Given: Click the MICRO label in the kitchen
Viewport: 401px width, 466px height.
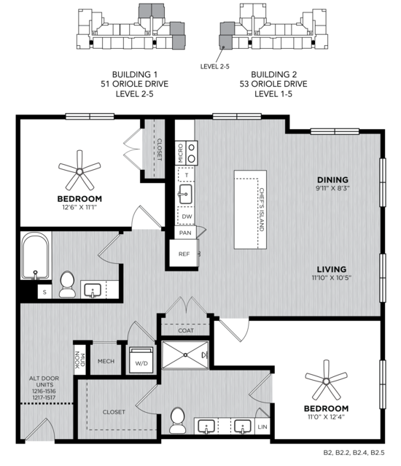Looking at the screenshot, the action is (180, 153).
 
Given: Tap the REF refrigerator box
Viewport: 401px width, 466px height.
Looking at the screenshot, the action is (184, 254).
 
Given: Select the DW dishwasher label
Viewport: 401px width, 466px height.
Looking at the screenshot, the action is (187, 217).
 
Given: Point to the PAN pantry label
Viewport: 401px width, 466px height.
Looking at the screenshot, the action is (185, 233).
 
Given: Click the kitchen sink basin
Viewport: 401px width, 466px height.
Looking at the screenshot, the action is (186, 194).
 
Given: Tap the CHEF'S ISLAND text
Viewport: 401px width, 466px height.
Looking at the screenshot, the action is (262, 209).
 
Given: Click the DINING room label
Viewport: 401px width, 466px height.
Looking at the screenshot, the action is (332, 179).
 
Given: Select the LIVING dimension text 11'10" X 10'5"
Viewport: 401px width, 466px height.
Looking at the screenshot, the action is (332, 278).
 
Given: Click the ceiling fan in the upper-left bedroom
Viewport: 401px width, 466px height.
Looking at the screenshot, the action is (79, 171).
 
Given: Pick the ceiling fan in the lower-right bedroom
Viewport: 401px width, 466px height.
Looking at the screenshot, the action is (327, 381).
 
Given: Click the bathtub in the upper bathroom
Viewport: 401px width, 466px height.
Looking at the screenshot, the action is (36, 255).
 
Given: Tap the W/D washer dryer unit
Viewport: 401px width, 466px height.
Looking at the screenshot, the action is (141, 360).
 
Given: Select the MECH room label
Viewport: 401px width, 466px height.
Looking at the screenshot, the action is (106, 361).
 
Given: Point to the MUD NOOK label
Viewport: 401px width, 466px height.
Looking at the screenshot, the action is (79, 360).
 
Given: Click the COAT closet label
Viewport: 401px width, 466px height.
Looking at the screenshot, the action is (186, 330).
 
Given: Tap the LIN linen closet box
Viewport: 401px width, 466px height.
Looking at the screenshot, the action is (262, 427).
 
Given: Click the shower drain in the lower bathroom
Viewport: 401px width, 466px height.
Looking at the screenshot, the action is (185, 354).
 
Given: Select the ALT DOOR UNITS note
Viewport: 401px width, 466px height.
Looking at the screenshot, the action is (44, 388).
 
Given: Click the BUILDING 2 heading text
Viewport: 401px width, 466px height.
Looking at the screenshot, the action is (274, 74).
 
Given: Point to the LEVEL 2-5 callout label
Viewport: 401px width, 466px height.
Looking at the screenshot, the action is (215, 66).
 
